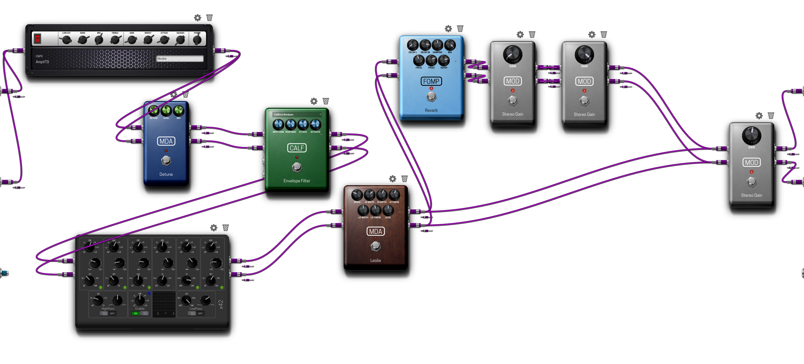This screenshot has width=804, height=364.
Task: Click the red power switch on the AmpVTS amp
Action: tap(37, 39)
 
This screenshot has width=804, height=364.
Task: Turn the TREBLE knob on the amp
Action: tap(115, 40)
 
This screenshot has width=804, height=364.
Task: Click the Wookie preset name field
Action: tap(180, 59)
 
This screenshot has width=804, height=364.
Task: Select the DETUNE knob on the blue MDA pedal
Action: tap(154, 111)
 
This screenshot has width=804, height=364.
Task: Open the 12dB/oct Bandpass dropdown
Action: tap(296, 115)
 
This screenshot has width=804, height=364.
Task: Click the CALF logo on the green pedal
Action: tap(296, 148)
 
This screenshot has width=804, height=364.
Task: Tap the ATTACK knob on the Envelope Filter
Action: tap(303, 125)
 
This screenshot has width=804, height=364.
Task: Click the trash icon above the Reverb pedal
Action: tap(460, 29)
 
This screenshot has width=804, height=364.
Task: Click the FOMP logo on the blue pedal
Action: tap(431, 81)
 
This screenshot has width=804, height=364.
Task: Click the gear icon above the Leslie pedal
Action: tap(393, 179)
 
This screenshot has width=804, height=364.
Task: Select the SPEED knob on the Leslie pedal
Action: tap(357, 195)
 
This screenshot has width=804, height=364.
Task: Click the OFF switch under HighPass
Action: tap(108, 313)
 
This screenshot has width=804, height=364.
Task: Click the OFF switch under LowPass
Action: tap(196, 313)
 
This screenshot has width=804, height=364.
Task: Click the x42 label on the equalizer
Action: tap(221, 305)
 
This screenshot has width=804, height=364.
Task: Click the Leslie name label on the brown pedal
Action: tap(375, 260)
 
